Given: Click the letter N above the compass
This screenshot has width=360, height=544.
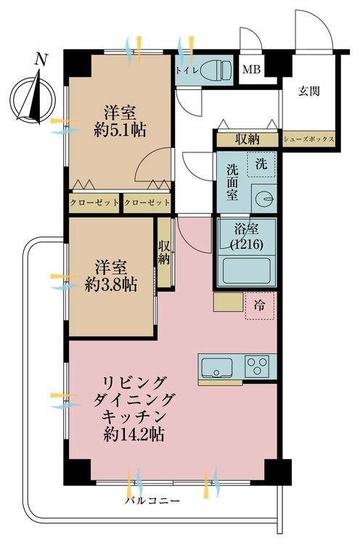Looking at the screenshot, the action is click(x=41, y=59).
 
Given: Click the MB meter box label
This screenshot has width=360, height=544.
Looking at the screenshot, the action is click(x=252, y=70).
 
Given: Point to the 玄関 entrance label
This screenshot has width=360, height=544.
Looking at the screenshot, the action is click(x=308, y=91).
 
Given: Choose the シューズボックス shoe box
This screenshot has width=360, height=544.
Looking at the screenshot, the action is click(x=308, y=139).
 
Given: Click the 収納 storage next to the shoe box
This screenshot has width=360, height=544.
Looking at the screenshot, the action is click(x=247, y=139).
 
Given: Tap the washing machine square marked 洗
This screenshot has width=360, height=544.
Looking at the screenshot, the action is click(x=261, y=164).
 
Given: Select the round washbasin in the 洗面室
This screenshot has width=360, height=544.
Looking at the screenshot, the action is click(x=264, y=199).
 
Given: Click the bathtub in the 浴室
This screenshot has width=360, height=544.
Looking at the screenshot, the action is click(x=247, y=271).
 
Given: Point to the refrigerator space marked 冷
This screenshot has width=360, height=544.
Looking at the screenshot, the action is click(x=260, y=305).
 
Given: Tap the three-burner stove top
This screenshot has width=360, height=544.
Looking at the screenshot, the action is click(x=258, y=366).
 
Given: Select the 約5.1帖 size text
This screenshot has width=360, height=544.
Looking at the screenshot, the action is click(x=120, y=130).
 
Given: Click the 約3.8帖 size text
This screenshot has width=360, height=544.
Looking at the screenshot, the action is click(x=111, y=284).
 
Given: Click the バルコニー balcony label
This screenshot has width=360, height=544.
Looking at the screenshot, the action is click(x=152, y=501).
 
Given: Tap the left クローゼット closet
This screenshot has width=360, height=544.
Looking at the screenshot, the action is click(x=94, y=202).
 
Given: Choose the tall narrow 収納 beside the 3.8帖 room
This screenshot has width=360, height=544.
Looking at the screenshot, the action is click(x=165, y=252).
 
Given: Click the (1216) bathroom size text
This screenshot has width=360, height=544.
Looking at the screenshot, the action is click(x=247, y=244).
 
